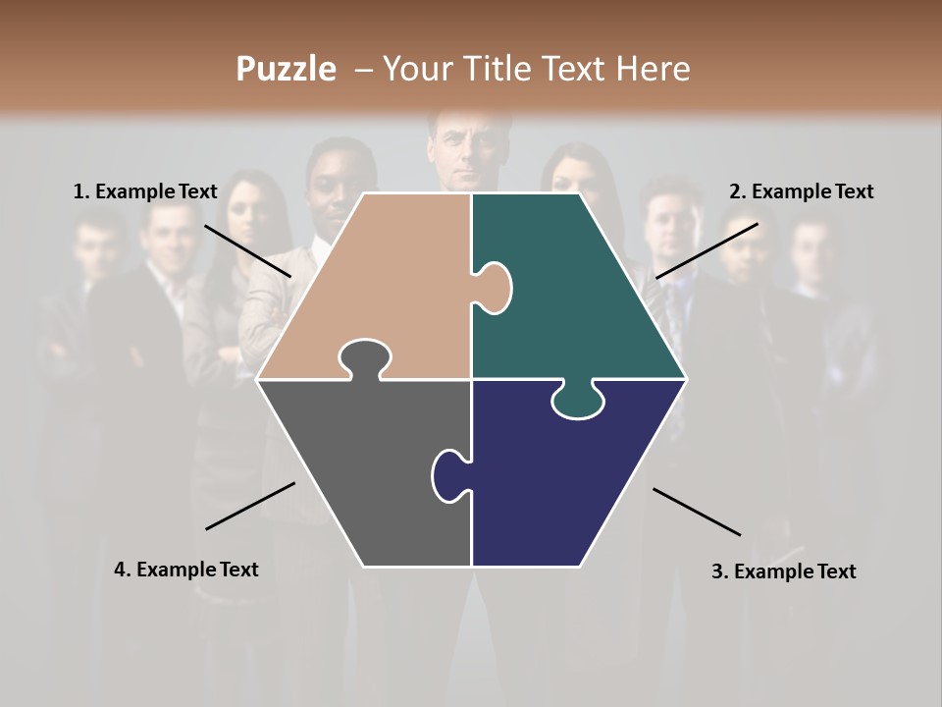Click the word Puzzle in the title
point(286,70)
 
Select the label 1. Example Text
point(145,191)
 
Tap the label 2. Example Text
point(801,191)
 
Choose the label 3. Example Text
point(783,571)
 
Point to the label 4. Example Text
point(186,570)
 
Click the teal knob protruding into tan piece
point(494,288)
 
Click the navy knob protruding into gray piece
point(450,474)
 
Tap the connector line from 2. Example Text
point(706,250)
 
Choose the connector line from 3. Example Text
point(697,512)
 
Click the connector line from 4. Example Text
point(250,506)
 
